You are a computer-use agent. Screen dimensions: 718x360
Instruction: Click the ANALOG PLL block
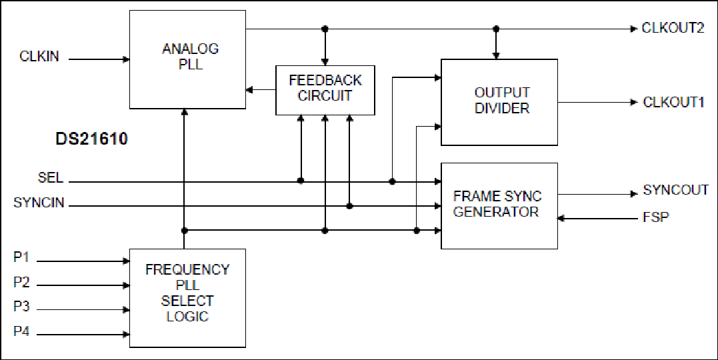tap(188, 59)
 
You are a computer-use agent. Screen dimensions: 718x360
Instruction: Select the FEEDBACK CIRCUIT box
tap(325, 90)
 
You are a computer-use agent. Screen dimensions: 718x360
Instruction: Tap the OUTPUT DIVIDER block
tap(499, 102)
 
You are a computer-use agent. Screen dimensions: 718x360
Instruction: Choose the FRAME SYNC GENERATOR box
tap(499, 205)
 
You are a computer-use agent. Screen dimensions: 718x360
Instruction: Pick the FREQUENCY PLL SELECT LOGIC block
tap(188, 298)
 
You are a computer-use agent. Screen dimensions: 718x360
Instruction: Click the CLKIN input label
tap(39, 57)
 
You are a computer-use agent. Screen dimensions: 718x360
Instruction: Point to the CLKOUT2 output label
tap(673, 28)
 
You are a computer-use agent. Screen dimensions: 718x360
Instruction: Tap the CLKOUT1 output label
tap(673, 102)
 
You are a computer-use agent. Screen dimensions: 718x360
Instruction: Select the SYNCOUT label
tap(676, 189)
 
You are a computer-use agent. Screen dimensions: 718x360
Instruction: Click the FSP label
tap(656, 217)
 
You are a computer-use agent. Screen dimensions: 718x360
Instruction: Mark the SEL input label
tap(51, 178)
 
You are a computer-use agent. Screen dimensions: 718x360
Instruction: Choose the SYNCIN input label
tap(39, 203)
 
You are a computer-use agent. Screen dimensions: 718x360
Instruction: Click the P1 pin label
tap(21, 258)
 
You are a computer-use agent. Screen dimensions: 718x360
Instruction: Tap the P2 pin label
tap(21, 282)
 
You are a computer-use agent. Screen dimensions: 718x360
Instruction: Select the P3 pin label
tap(21, 307)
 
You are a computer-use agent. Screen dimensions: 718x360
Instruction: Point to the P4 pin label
tap(21, 331)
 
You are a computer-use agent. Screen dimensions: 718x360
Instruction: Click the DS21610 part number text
tap(91, 139)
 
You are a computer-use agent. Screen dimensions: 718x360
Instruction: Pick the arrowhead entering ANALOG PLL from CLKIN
tap(126, 59)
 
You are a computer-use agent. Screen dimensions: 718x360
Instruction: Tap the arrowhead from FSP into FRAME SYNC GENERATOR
tap(561, 219)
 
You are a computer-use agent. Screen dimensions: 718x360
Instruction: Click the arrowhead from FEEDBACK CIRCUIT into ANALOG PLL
tap(250, 90)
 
